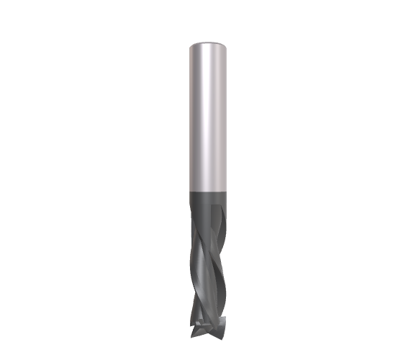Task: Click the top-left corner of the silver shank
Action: tap(190, 46)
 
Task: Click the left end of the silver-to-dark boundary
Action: tap(190, 189)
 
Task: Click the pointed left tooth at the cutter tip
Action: tap(194, 333)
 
